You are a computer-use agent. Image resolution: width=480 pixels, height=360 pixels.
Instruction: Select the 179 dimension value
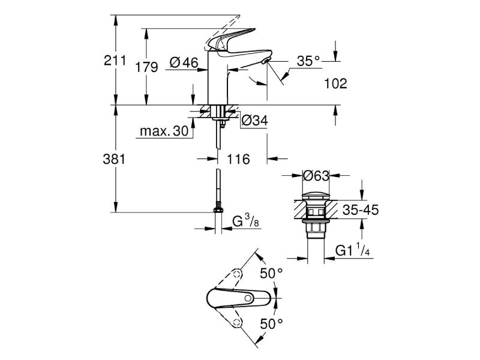(146, 67)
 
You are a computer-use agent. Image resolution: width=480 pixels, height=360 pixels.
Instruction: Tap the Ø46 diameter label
(184, 61)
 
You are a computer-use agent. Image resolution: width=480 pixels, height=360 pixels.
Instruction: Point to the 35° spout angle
(308, 61)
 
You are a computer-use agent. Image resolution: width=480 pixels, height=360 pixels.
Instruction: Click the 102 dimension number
(335, 83)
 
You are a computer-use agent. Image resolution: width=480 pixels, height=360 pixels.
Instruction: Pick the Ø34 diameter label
(254, 121)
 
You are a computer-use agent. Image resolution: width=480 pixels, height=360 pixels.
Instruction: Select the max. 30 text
(163, 131)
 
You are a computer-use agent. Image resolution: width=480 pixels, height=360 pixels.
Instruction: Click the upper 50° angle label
(271, 274)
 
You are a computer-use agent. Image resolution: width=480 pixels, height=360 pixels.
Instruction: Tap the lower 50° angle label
(271, 325)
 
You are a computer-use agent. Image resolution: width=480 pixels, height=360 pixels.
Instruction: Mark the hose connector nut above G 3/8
(217, 209)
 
